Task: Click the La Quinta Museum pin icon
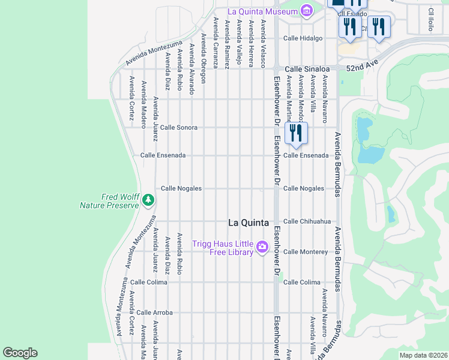click(307, 11)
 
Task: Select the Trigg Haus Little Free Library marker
click(262, 247)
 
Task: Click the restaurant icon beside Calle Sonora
click(295, 133)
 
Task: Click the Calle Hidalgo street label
click(303, 38)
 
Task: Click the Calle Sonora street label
click(178, 128)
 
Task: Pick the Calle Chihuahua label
click(307, 221)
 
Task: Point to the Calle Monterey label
click(306, 252)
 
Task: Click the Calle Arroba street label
click(154, 313)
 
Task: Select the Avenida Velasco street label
click(263, 43)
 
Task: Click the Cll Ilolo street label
click(430, 19)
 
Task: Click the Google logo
click(20, 353)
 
